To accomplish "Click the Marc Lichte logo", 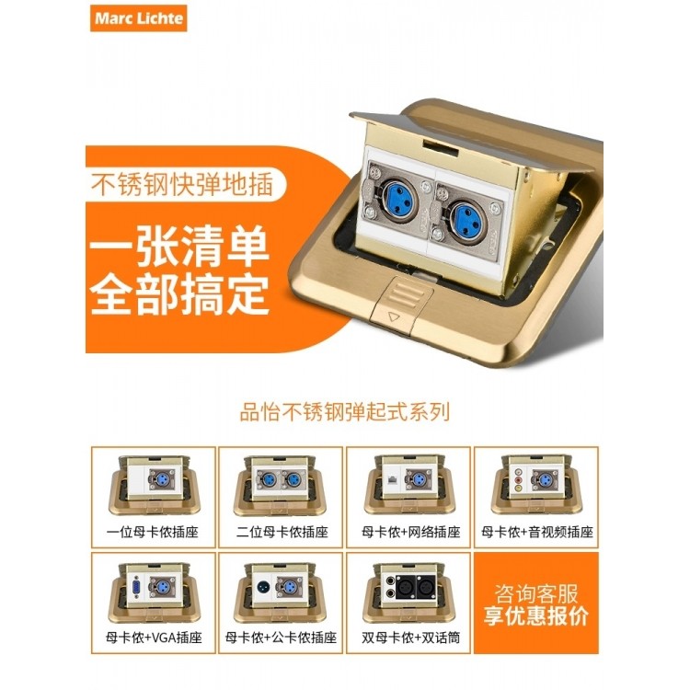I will [138, 18].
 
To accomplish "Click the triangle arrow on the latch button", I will [397, 315].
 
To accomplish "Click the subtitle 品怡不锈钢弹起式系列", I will [343, 411].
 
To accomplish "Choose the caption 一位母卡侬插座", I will [154, 532].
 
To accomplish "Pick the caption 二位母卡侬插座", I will [281, 532].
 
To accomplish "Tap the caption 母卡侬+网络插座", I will [408, 532].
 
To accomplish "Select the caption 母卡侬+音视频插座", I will [535, 532].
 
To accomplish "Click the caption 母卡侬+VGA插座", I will [154, 637].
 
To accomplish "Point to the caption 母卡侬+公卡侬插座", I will [281, 637].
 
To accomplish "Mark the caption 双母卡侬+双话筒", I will [408, 637].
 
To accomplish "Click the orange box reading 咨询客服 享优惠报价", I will [535, 604].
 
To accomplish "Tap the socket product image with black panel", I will [408, 590].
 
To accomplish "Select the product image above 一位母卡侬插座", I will [154, 485].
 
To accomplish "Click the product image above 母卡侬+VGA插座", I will [154, 590].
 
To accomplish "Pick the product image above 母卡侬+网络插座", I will [408, 485].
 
